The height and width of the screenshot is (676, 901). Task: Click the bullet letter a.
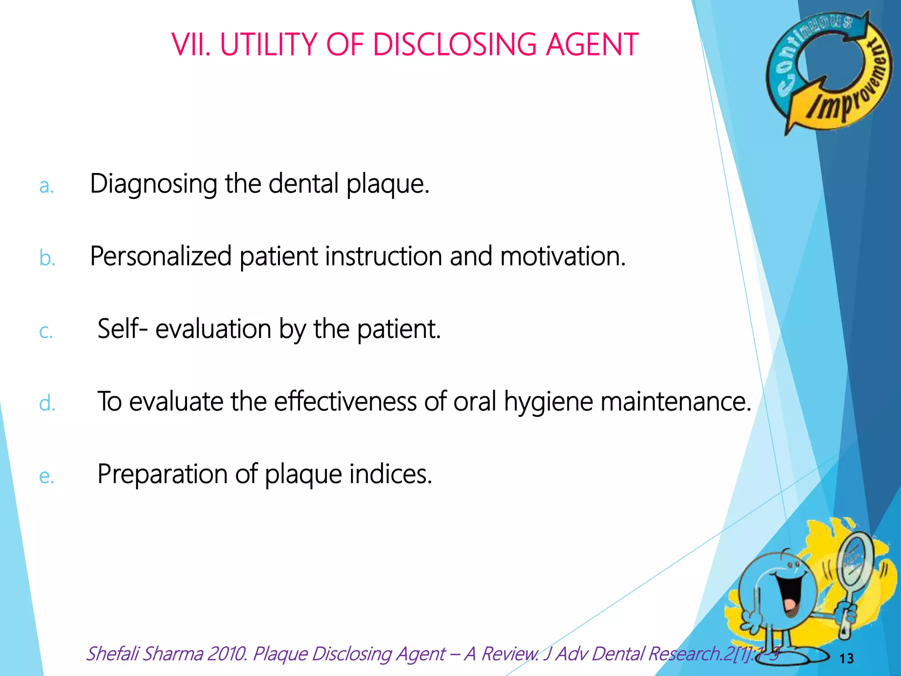coord(46,186)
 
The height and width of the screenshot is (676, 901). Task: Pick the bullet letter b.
coord(47,258)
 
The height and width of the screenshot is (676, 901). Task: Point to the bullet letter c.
coord(46,331)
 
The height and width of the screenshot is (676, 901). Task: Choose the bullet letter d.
coord(47,403)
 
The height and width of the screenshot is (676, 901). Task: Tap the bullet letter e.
coord(47,476)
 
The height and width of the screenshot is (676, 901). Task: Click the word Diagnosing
coord(154,184)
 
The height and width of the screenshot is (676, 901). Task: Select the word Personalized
coord(161,256)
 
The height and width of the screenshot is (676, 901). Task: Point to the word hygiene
coord(548,402)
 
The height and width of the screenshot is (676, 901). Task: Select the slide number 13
coord(846,658)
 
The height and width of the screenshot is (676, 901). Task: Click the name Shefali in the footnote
coord(113,654)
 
